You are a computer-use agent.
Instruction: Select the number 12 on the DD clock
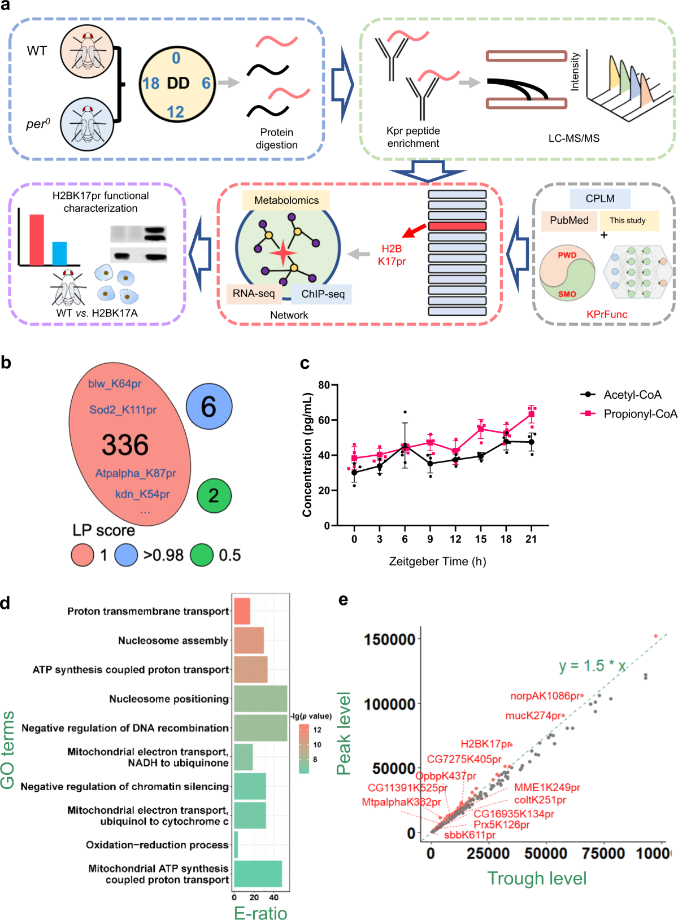[175, 112]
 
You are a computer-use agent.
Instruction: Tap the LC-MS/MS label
[573, 138]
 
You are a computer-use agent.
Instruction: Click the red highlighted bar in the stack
[457, 226]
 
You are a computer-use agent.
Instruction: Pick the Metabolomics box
[286, 200]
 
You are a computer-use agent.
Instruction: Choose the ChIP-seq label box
[323, 294]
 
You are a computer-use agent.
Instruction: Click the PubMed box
[569, 221]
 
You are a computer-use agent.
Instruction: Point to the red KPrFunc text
[606, 315]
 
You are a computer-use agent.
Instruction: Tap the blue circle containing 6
[209, 407]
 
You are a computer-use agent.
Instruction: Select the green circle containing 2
[214, 496]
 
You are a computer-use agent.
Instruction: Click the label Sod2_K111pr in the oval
[123, 410]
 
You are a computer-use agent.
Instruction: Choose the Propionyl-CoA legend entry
[640, 414]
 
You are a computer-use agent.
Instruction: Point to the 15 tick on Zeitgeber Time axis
[480, 539]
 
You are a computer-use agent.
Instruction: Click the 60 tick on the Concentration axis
[324, 420]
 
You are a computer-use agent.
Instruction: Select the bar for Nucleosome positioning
[260, 699]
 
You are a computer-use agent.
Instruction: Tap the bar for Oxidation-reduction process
[236, 845]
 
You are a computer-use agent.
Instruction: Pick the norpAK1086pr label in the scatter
[545, 696]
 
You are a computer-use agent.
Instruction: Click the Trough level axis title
[537, 878]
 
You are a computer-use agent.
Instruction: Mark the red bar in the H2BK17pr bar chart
[36, 239]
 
